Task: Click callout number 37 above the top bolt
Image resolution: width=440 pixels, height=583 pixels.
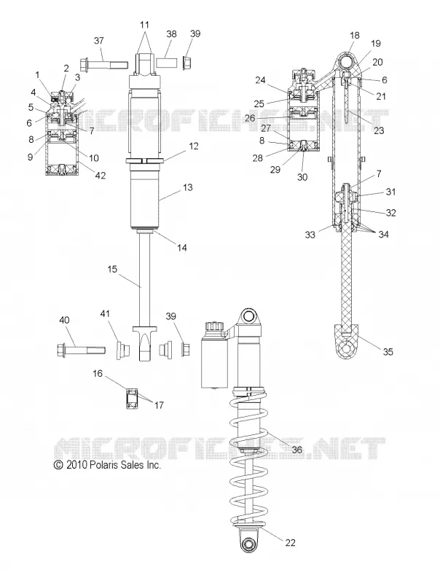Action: (99, 41)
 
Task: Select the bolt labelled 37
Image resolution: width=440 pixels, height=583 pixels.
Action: (103, 65)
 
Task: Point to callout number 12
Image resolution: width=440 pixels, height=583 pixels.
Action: (194, 146)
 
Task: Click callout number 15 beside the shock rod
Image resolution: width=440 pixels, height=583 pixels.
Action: (112, 269)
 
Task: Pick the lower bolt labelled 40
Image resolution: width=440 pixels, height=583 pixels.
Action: (81, 351)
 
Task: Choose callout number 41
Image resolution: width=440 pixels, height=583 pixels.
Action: (105, 314)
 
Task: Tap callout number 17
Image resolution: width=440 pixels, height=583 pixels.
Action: (159, 405)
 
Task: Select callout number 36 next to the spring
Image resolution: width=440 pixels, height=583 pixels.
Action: (296, 450)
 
